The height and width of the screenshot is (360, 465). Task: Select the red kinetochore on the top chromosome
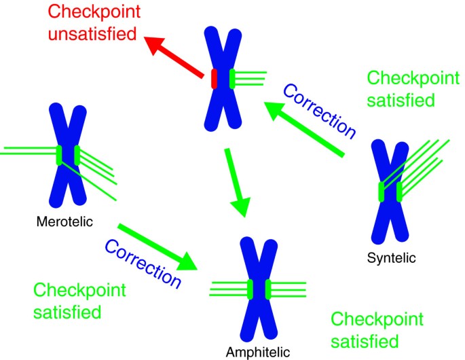coord(214,79)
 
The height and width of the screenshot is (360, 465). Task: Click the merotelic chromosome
coord(68,156)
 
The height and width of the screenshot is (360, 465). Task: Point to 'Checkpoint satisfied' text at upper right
coord(401,89)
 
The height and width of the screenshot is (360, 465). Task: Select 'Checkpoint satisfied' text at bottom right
coord(376,329)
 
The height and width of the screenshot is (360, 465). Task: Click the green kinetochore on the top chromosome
coord(233,79)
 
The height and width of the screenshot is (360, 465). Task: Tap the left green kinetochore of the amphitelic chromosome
coord(250,289)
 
